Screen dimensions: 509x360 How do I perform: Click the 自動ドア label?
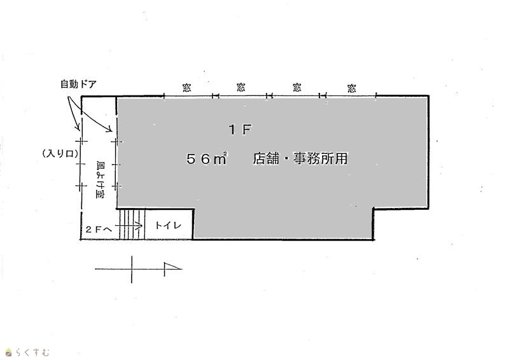[x=78, y=84]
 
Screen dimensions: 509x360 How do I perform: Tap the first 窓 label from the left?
[x=186, y=88]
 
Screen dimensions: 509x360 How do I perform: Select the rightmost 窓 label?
[x=352, y=88]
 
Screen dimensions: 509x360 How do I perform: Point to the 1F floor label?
[x=241, y=130]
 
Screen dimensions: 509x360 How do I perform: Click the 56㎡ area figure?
[x=206, y=159]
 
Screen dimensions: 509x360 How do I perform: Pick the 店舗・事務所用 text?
[x=300, y=158]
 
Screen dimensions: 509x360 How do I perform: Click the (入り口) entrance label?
[x=60, y=153]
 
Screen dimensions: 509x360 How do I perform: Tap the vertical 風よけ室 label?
[x=100, y=179]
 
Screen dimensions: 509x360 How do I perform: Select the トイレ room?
[x=169, y=225]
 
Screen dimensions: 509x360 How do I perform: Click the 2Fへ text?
[x=99, y=229]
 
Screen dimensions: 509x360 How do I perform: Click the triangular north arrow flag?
[x=172, y=266]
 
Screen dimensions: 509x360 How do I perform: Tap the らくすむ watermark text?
[x=32, y=352]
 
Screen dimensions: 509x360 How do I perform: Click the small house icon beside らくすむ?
[x=9, y=352]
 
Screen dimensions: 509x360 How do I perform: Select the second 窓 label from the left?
[x=241, y=87]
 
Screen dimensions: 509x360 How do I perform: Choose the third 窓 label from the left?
[x=296, y=88]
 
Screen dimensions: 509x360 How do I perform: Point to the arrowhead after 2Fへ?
[x=140, y=225]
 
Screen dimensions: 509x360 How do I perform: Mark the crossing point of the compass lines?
[x=132, y=269]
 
